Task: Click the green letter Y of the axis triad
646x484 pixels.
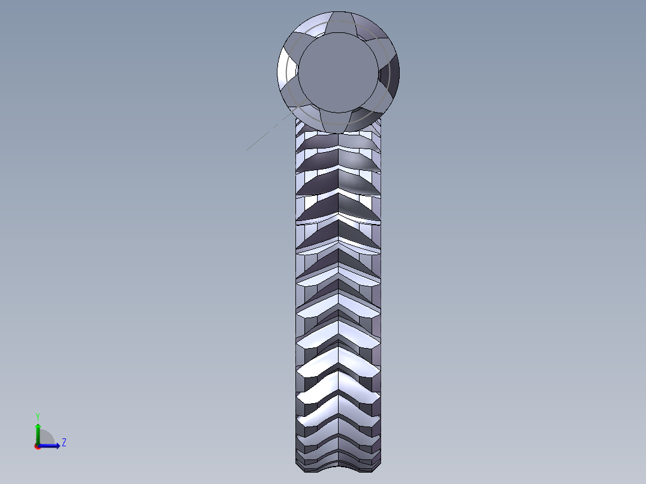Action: click(37, 416)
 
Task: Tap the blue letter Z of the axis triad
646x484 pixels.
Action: click(64, 443)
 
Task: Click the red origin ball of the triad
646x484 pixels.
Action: click(37, 446)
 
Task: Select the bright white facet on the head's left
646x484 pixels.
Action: click(288, 69)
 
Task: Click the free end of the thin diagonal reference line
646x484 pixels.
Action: click(246, 150)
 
